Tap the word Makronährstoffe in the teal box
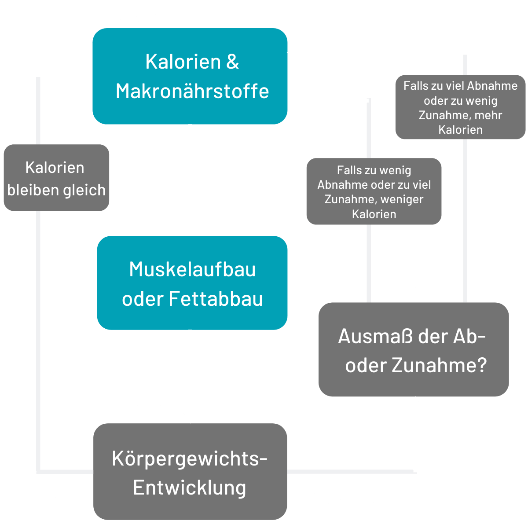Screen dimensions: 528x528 192,91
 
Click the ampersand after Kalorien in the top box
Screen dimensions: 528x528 233,62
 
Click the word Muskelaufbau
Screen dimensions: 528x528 192,269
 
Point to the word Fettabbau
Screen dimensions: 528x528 216,299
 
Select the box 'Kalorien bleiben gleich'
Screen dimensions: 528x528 56,178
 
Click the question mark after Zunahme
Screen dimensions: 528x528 481,366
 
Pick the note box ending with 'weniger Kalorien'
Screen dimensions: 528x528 374,192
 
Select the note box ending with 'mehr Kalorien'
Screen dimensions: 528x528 460,108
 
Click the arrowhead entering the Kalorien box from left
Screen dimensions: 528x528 82,75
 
